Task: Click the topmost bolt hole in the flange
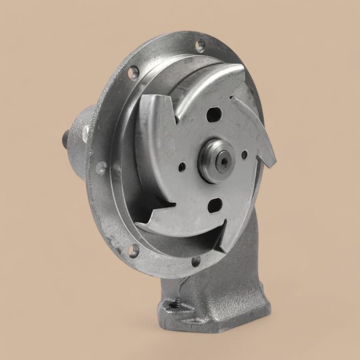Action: [x=200, y=45]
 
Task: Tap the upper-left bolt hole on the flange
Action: [x=134, y=71]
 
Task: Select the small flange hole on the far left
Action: [x=101, y=167]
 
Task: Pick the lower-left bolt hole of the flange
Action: [x=133, y=251]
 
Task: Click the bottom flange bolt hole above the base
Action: [x=196, y=262]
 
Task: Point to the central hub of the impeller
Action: [x=217, y=160]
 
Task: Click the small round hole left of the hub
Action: [x=182, y=167]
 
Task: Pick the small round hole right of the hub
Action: [x=244, y=153]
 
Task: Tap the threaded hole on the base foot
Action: [x=175, y=308]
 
